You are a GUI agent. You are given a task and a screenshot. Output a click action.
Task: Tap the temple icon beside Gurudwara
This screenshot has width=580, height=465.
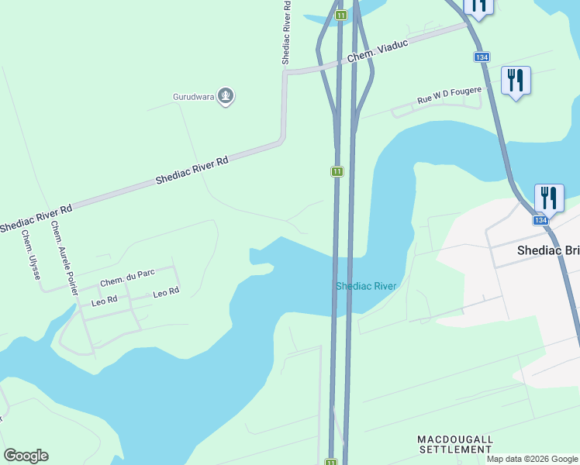[226, 96]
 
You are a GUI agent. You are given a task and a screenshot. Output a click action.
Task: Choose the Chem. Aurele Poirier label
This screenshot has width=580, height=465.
[64, 258]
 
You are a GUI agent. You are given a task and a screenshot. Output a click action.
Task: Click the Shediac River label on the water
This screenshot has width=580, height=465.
[366, 286]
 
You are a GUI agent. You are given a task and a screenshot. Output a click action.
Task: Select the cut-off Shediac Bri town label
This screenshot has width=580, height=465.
[548, 251]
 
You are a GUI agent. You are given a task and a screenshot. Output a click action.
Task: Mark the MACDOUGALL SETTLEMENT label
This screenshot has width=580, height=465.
[455, 444]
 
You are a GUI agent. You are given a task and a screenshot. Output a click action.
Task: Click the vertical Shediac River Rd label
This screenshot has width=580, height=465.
[287, 31]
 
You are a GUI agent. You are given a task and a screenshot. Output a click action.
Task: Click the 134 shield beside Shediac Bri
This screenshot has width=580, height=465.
[540, 220]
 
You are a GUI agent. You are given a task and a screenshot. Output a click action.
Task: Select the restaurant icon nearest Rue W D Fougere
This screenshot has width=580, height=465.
[515, 80]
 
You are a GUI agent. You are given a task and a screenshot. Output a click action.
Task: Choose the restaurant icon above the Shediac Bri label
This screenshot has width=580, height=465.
[549, 198]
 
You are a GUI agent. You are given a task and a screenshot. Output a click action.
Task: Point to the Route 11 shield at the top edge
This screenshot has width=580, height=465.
[340, 15]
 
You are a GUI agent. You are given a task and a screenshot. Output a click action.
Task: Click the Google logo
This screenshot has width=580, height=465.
[26, 456]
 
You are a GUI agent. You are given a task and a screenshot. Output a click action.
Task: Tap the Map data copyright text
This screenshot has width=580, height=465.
[532, 459]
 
